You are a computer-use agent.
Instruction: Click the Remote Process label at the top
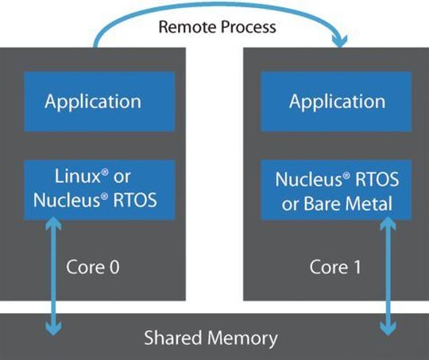click(x=217, y=27)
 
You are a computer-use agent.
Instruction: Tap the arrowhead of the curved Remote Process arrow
click(x=342, y=41)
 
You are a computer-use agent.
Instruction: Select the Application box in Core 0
click(x=93, y=102)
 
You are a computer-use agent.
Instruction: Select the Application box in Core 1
click(x=338, y=102)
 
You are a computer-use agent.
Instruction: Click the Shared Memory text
click(x=211, y=338)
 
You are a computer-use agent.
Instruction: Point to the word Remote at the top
click(x=187, y=27)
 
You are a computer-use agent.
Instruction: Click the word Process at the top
click(x=246, y=27)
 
